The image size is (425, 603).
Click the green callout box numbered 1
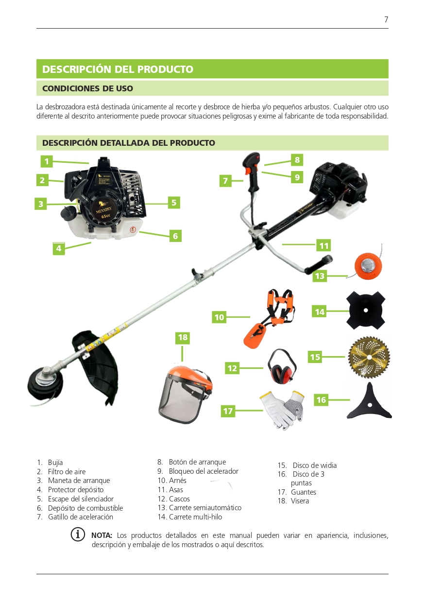pyautogui.click(x=47, y=161)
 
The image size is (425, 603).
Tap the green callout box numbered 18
pyautogui.click(x=183, y=338)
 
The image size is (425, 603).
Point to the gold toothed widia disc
pyautogui.click(x=369, y=357)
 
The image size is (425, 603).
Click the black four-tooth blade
pyautogui.click(x=366, y=310)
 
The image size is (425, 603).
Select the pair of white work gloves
pyautogui.click(x=282, y=410)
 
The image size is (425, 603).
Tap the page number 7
pyautogui.click(x=386, y=19)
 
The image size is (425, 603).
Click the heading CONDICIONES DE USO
pyautogui.click(x=87, y=88)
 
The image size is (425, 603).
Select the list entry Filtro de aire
pyautogui.click(x=67, y=472)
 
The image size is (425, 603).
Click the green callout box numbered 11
pyautogui.click(x=323, y=245)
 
